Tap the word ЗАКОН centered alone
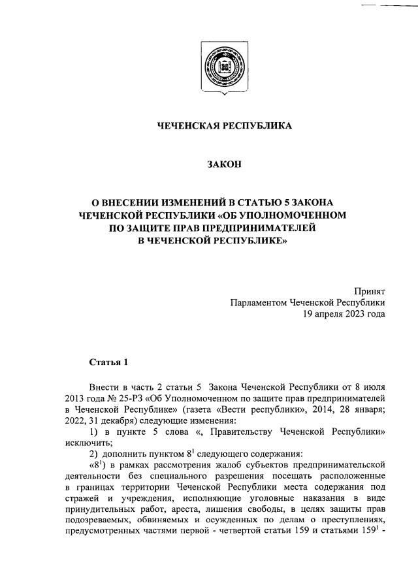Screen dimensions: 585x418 [208, 165]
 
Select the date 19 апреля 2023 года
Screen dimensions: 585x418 [343, 314]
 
